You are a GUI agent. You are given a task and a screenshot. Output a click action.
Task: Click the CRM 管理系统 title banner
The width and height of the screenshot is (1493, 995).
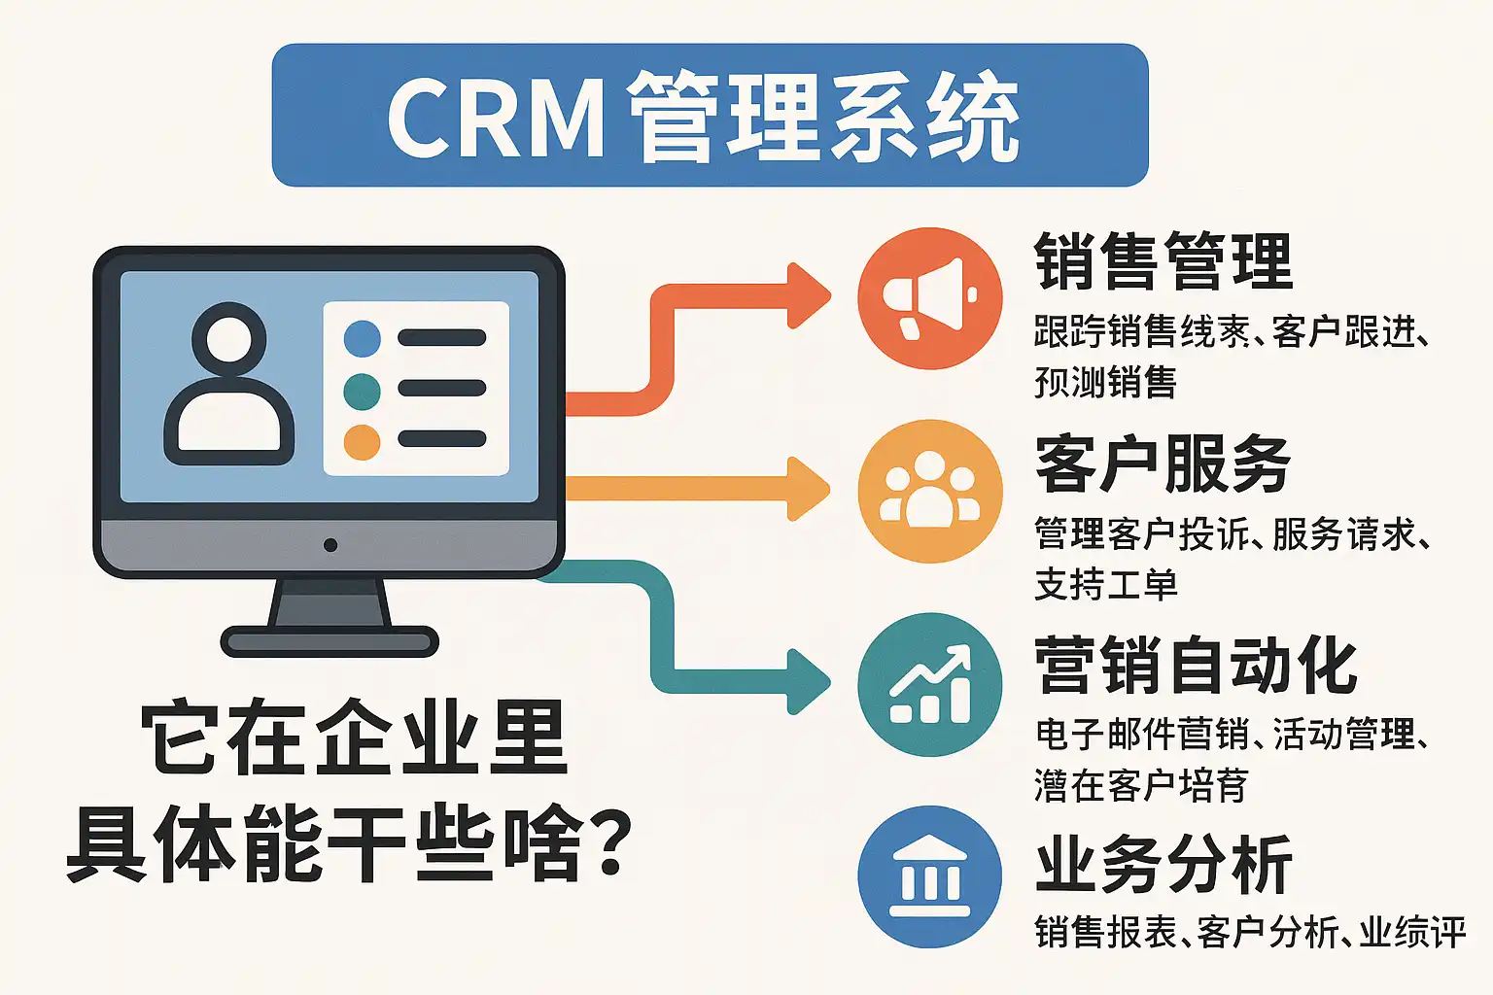pyautogui.click(x=710, y=115)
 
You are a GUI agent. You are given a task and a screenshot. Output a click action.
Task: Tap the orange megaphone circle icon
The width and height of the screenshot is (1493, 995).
pyautogui.click(x=929, y=298)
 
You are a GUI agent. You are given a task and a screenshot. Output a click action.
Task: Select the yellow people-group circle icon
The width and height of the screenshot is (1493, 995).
pyautogui.click(x=929, y=491)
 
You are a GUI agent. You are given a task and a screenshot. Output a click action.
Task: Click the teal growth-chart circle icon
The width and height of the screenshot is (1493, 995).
pyautogui.click(x=929, y=685)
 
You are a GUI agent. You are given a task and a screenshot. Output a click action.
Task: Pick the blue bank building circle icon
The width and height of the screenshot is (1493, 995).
pyautogui.click(x=929, y=876)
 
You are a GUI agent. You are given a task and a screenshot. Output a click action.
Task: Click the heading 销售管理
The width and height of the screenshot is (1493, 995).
pyautogui.click(x=1163, y=261)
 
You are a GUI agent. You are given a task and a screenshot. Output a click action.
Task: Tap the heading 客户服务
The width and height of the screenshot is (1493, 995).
pyautogui.click(x=1163, y=464)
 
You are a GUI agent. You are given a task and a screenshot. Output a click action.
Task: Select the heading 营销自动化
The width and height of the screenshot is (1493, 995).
pyautogui.click(x=1196, y=666)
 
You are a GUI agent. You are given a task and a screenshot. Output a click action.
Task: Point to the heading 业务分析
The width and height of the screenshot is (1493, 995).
pyautogui.click(x=1163, y=865)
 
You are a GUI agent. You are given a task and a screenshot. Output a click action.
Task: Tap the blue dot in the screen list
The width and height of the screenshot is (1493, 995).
pyautogui.click(x=363, y=338)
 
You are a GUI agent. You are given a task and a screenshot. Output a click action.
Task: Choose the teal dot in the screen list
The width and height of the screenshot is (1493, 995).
pyautogui.click(x=363, y=391)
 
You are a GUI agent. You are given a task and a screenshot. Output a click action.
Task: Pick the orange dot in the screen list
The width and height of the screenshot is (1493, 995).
pyautogui.click(x=363, y=442)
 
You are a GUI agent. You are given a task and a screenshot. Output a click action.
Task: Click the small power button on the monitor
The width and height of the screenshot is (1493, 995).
pyautogui.click(x=330, y=545)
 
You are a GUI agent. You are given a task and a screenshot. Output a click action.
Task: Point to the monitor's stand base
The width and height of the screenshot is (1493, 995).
pyautogui.click(x=330, y=641)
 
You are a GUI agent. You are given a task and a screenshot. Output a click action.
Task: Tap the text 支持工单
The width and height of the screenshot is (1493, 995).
pyautogui.click(x=1106, y=585)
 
